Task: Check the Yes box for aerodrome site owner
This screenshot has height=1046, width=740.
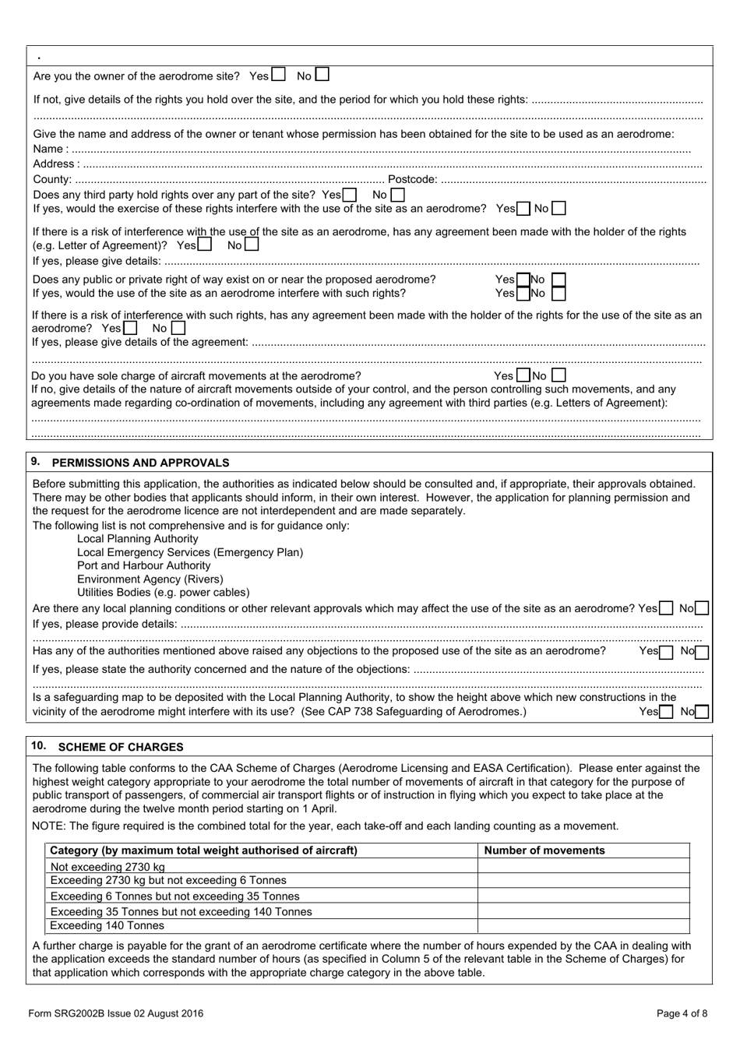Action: point(278,75)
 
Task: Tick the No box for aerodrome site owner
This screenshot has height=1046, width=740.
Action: point(322,75)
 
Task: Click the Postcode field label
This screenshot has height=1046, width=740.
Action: point(412,180)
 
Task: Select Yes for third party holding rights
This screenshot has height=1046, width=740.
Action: point(350,195)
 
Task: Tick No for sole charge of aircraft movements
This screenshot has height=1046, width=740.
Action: point(559,375)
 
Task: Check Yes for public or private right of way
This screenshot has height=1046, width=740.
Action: point(523,280)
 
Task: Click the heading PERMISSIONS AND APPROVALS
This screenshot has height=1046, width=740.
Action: point(140,463)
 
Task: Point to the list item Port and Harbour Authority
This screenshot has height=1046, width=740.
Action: point(143,565)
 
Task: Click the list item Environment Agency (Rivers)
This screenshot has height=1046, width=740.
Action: point(150,579)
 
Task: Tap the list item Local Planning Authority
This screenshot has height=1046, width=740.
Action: point(137,539)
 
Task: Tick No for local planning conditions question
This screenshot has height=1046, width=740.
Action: point(702,608)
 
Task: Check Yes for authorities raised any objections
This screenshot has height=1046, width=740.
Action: point(666,652)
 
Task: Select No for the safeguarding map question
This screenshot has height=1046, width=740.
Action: point(702,711)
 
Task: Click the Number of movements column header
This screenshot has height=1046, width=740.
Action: point(544,851)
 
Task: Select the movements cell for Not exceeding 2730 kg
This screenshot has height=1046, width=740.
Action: point(583,866)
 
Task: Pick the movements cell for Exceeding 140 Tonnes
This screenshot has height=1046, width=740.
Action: point(583,926)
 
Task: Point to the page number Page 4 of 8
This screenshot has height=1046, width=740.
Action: point(682,1013)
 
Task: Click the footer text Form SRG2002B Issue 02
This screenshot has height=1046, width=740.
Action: point(115,1013)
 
